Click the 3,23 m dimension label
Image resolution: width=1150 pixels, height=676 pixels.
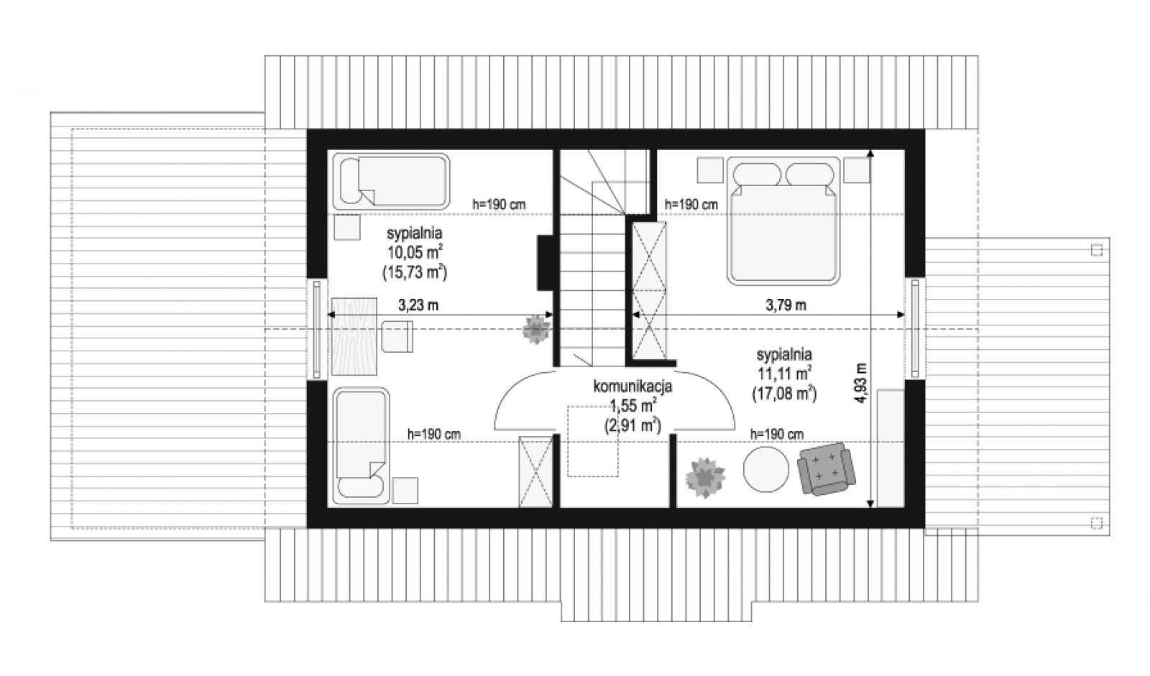click(418, 305)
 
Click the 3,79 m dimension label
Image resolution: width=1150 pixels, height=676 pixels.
click(786, 305)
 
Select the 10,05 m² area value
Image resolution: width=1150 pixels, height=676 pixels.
click(415, 251)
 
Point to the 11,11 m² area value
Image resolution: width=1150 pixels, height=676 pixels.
click(784, 373)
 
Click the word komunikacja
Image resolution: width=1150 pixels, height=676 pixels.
click(632, 386)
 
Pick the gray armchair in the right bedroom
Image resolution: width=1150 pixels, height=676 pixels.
click(827, 468)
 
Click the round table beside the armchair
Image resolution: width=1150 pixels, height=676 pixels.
click(766, 469)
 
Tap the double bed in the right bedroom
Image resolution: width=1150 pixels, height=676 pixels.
click(783, 221)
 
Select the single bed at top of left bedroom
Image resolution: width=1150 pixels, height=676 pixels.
click(391, 181)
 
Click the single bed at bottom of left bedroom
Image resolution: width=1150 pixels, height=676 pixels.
click(361, 445)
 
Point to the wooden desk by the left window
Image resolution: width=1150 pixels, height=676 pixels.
click(354, 336)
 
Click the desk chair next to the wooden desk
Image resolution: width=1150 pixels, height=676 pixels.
click(397, 336)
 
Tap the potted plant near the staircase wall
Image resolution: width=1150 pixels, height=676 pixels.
click(536, 329)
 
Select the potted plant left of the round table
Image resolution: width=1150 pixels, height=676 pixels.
click(705, 478)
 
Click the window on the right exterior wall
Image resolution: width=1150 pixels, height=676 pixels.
click(915, 328)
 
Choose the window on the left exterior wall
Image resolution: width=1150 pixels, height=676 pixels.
click(317, 329)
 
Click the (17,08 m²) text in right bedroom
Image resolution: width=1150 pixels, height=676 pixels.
click(784, 393)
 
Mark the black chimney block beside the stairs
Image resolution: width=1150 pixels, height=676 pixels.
click(546, 263)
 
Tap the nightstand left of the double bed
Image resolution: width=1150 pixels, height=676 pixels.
click(710, 170)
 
